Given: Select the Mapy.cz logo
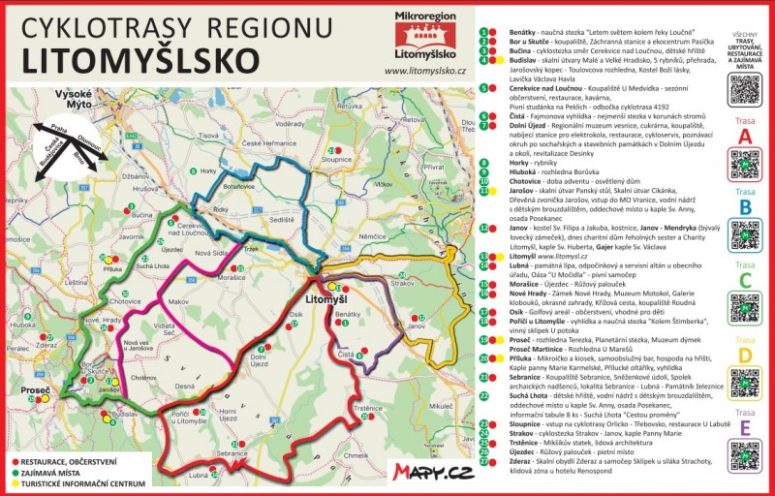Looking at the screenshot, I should click(433, 472).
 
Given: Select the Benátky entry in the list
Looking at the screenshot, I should click(509, 31).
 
